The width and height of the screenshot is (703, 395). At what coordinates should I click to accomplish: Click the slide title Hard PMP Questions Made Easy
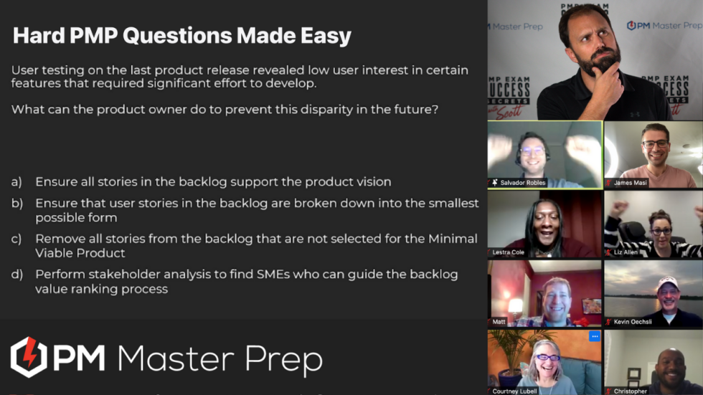pos(182,35)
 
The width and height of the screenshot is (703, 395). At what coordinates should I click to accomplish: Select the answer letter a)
pos(16,182)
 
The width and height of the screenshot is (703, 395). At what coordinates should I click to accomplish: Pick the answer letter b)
pos(16,204)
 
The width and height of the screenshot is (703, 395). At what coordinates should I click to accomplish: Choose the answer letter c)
pos(16,239)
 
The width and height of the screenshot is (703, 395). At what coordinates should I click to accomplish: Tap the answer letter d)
pos(16,275)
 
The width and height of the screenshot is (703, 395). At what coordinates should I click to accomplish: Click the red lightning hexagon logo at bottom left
pos(29,356)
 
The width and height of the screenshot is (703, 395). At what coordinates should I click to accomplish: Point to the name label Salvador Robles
pos(522,183)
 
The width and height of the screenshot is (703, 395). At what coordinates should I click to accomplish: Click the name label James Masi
pos(631,183)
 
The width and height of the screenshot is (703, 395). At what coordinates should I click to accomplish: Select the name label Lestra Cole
pos(509,252)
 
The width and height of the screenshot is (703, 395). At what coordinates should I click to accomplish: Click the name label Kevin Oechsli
pos(633,322)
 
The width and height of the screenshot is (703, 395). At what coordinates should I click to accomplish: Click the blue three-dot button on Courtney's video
pos(594,335)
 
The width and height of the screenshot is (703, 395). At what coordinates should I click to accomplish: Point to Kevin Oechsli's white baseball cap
pos(667,283)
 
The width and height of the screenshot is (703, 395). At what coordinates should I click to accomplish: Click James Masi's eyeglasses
pos(655,144)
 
